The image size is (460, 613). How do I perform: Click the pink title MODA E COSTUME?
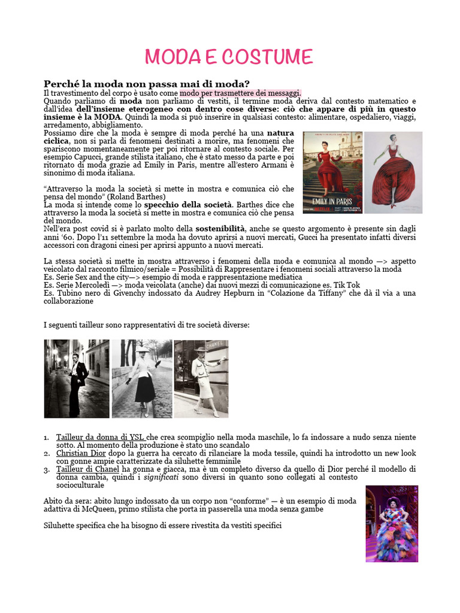pos(229,57)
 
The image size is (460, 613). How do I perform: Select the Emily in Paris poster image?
pos(332,172)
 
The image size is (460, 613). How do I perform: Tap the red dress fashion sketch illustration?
pos(393,172)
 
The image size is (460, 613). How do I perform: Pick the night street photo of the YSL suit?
pos(77,378)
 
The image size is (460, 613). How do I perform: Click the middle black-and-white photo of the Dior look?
pos(142,378)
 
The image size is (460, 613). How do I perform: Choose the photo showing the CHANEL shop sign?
pos(201,378)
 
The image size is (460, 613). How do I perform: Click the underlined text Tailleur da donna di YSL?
pos(100,438)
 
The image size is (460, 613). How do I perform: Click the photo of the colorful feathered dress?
pos(392,524)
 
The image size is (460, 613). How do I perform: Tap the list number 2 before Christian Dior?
pos(47,454)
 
